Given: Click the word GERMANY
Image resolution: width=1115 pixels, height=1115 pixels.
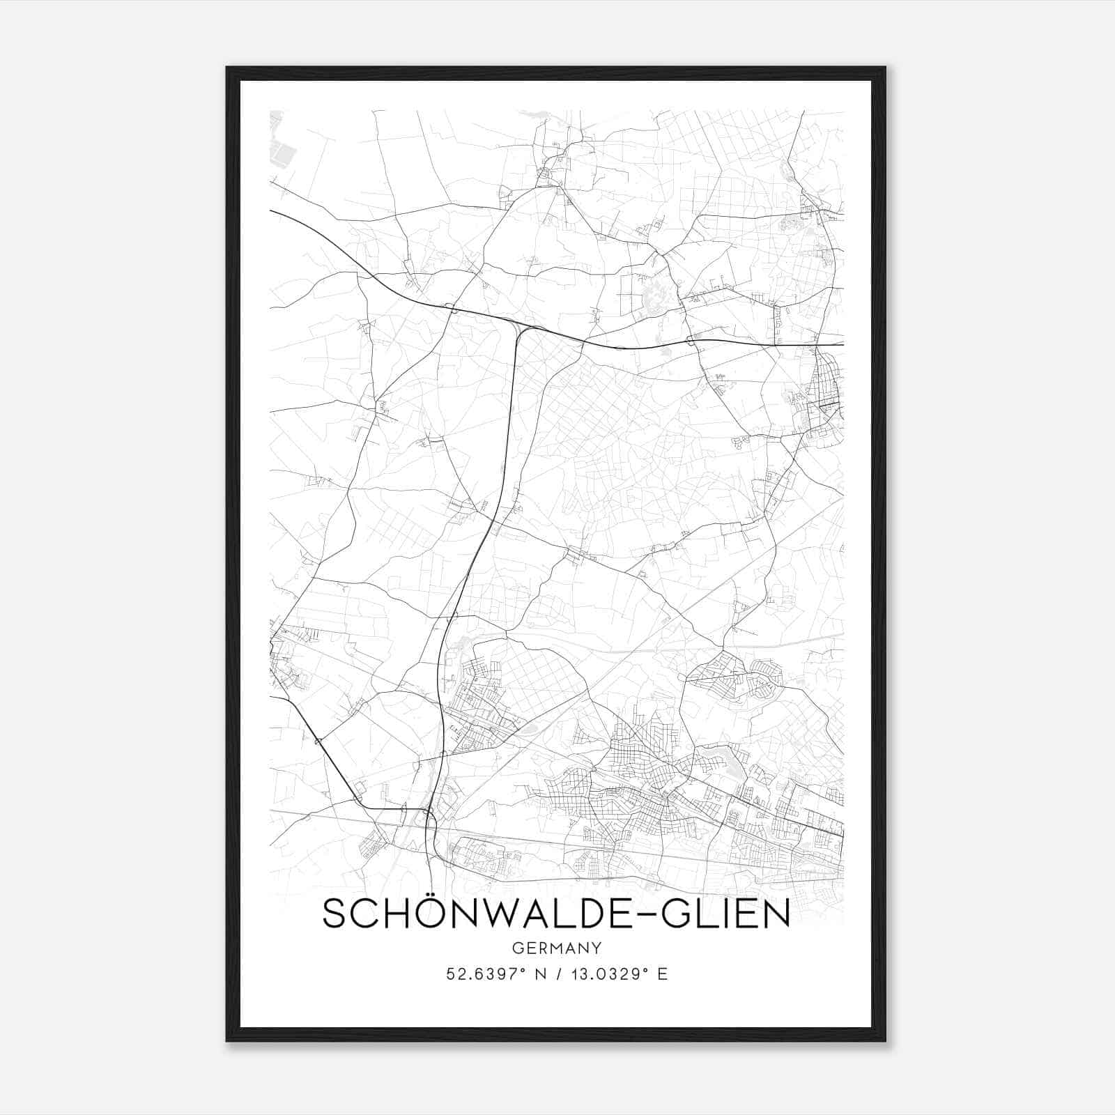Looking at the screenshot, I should [x=557, y=948].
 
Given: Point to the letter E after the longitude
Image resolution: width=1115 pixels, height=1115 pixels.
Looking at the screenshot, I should [x=663, y=974].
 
